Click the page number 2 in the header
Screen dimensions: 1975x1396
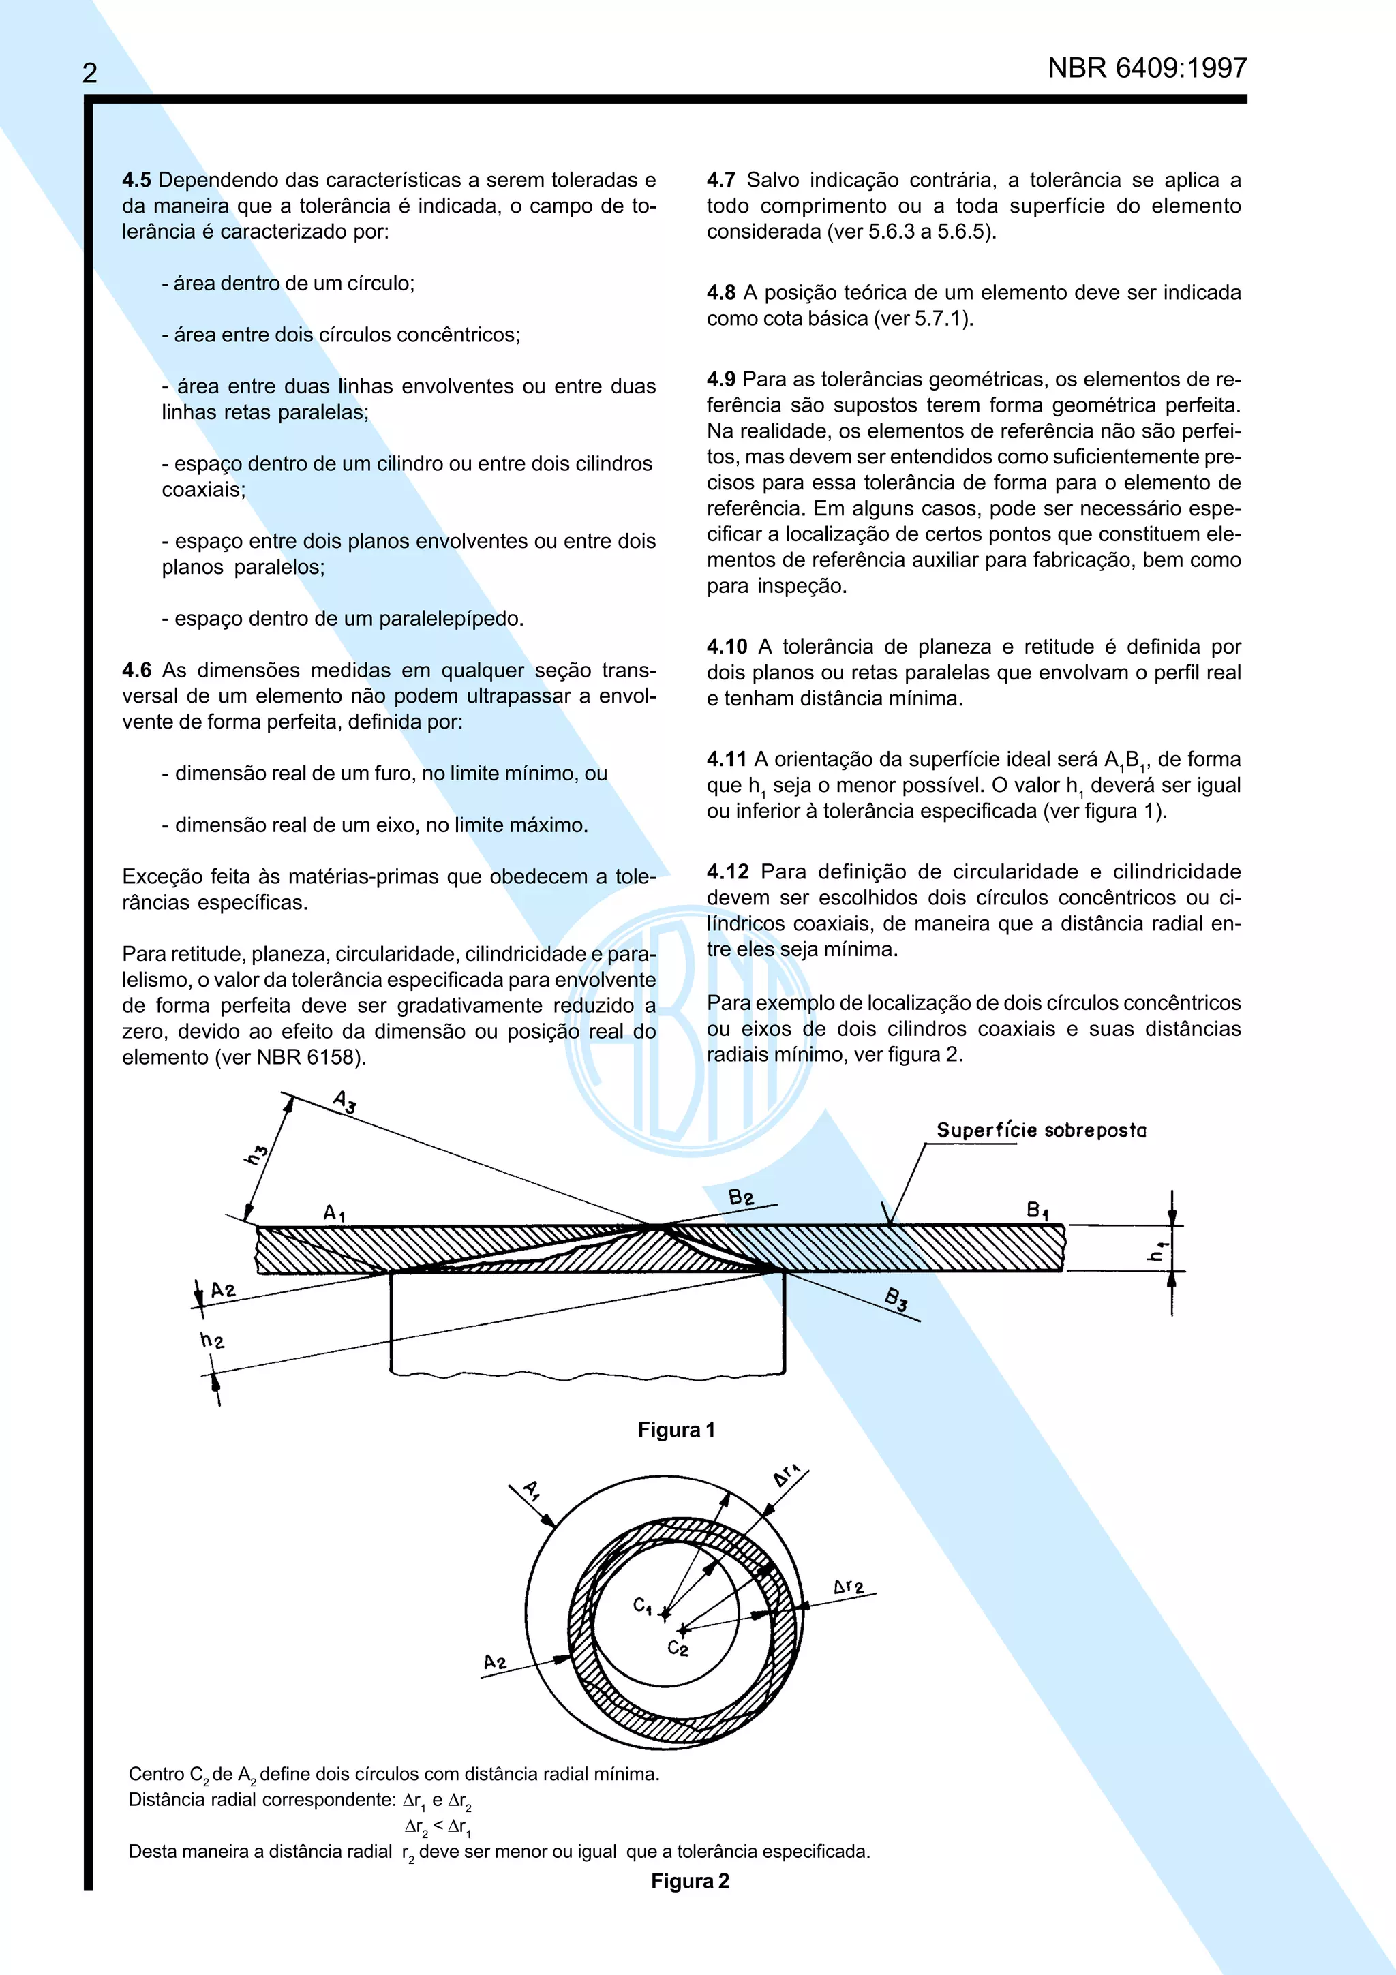89,73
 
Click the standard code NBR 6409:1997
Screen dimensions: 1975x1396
1147,68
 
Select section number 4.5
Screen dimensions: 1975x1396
136,181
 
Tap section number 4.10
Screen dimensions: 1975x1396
727,647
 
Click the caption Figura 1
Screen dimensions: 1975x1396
676,1430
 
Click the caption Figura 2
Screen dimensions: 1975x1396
690,1881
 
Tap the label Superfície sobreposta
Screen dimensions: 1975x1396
1041,1131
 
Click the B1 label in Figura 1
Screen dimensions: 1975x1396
1037,1211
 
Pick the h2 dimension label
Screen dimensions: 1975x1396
211,1340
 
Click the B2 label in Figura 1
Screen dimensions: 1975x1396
740,1197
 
